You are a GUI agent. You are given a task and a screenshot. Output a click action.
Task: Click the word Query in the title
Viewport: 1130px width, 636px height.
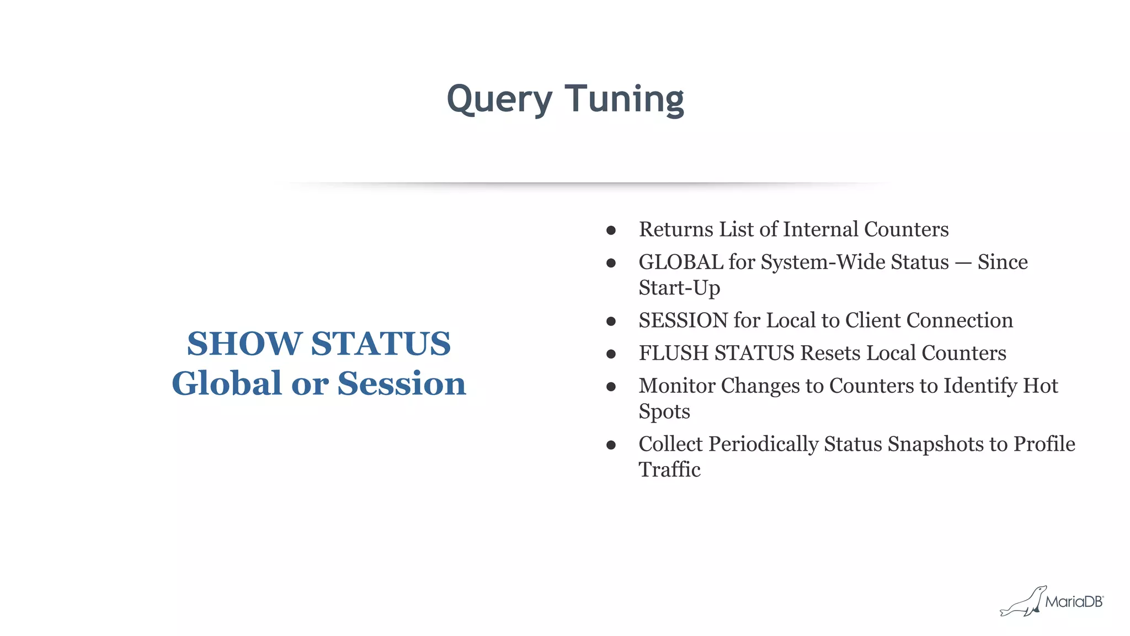tap(499, 99)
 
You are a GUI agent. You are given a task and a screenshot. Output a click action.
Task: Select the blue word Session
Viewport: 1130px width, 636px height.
tap(402, 383)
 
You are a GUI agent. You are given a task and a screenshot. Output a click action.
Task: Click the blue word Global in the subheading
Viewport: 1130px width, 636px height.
tap(227, 383)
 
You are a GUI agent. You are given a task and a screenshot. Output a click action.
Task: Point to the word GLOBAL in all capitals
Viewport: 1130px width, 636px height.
tap(680, 262)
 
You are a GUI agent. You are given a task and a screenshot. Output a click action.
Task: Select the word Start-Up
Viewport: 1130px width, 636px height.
tap(679, 288)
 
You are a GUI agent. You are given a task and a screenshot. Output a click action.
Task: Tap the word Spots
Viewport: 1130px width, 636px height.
tap(664, 411)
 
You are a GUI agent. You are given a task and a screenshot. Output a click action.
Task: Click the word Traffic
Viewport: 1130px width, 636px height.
tap(669, 470)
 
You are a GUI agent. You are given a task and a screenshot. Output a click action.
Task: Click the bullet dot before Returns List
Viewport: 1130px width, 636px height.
tap(611, 231)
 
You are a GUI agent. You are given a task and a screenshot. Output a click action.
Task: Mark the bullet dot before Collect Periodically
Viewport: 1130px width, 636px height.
tap(611, 445)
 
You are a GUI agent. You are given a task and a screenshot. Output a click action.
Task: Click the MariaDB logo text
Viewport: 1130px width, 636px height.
tap(1074, 602)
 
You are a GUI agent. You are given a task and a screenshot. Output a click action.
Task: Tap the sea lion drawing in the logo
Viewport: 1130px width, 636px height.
tap(1023, 603)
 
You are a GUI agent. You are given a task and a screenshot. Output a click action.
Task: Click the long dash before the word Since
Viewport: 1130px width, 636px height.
tap(963, 263)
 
